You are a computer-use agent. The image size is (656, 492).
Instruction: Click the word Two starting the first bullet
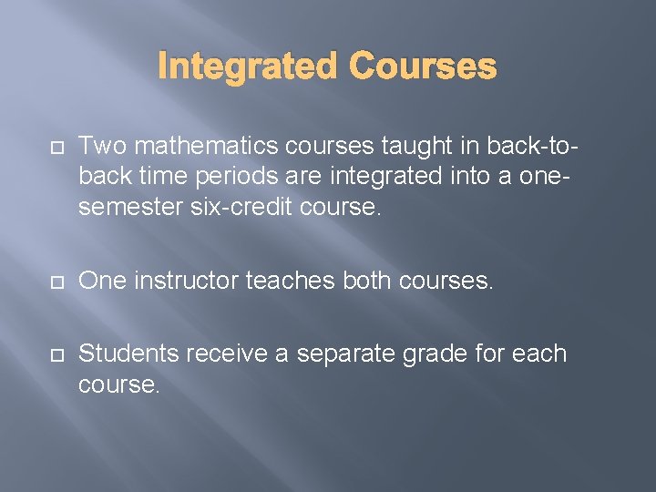[x=99, y=145]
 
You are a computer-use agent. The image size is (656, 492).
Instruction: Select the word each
[x=539, y=354]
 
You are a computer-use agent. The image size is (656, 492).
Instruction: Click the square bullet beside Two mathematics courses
[x=53, y=146]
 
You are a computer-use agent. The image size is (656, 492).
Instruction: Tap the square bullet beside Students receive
[x=53, y=354]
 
